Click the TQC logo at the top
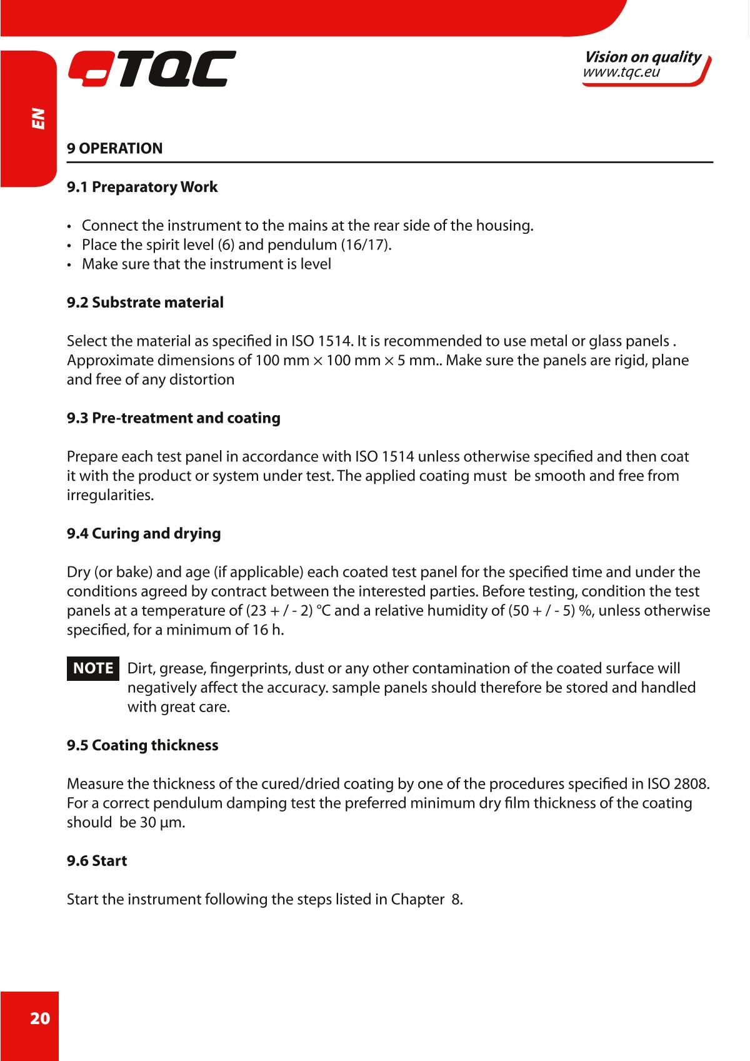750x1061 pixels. point(152,69)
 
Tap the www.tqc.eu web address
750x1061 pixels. point(621,73)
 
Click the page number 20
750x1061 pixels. point(39,1019)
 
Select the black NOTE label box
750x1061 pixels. point(93,668)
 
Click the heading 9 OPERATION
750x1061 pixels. point(115,149)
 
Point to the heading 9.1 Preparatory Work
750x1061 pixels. point(142,187)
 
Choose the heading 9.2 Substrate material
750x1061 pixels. point(145,303)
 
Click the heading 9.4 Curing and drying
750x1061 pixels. point(144,533)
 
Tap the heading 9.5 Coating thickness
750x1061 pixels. point(142,745)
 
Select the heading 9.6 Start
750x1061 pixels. point(97,861)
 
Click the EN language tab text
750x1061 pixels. point(39,118)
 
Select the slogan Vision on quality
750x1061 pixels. point(642,58)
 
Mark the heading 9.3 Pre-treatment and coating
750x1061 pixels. point(174,418)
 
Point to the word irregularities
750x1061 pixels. point(109,495)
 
